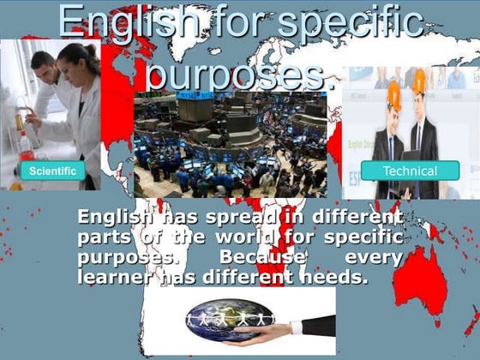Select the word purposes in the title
236,73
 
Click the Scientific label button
52,171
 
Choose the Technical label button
410,171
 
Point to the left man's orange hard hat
393,93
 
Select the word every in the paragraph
374,257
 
